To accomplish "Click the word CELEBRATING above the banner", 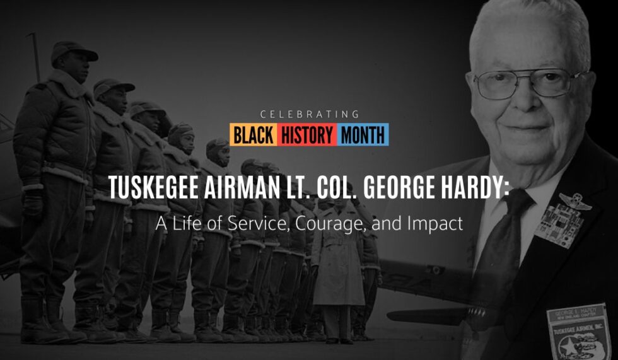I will pyautogui.click(x=309, y=115).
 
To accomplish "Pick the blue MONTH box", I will pyautogui.click(x=364, y=134).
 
